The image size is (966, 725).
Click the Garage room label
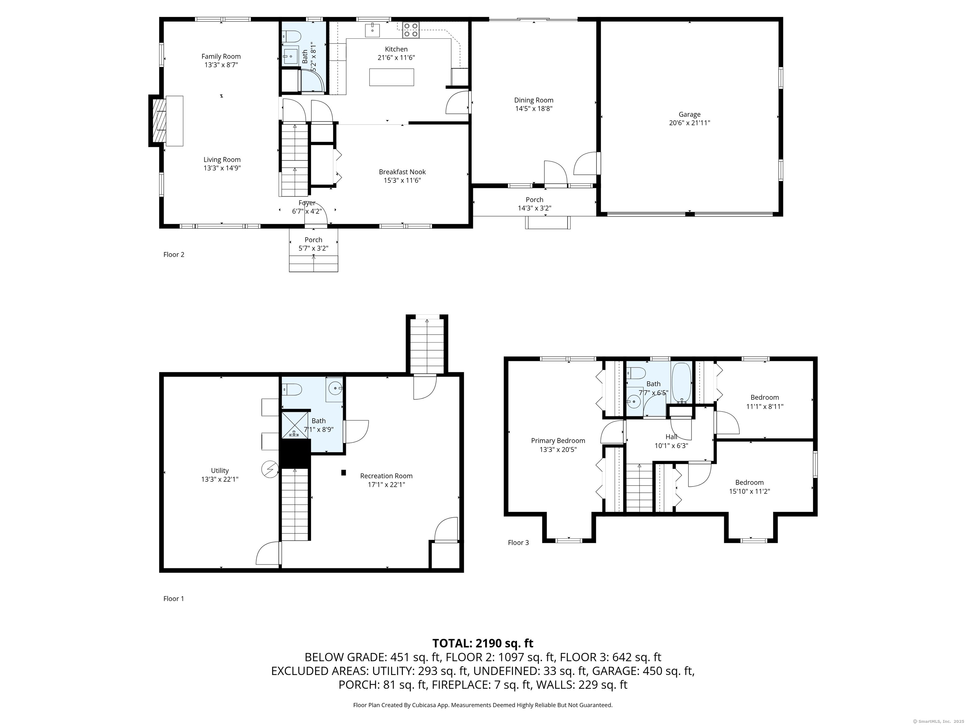point(689,115)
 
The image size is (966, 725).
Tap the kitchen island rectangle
point(391,77)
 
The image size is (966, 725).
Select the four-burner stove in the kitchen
point(410,30)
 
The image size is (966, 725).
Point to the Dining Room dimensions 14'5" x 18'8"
point(534,109)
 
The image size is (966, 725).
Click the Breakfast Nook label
point(402,172)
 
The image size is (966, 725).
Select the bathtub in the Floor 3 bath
point(681,382)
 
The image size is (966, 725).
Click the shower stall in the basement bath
point(295,424)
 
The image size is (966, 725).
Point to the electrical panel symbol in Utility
point(270,469)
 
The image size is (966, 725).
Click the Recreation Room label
point(386,476)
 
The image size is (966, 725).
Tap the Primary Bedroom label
point(558,441)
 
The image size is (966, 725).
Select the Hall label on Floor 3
point(671,436)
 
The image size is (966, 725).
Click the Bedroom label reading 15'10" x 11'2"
point(749,482)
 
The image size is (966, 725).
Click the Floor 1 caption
point(173,599)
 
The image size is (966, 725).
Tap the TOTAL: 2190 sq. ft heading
point(483,643)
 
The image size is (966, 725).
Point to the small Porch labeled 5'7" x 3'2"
point(313,244)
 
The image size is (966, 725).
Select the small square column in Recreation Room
point(343,472)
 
